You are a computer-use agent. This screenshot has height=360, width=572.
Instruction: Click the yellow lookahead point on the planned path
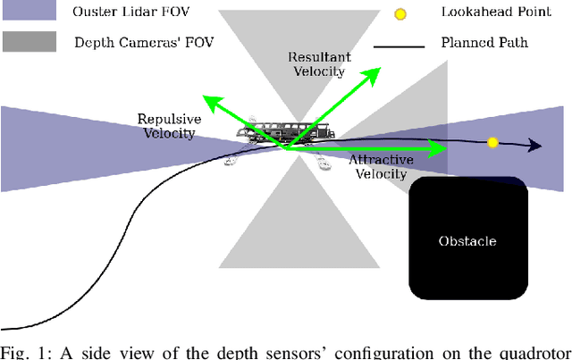click(492, 142)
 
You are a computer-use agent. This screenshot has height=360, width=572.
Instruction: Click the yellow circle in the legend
click(400, 14)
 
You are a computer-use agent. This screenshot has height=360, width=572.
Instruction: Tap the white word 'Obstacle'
click(467, 241)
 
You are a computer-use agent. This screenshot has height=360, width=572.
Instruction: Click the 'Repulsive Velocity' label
click(167, 126)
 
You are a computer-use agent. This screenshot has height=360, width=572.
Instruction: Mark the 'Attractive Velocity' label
click(381, 166)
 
